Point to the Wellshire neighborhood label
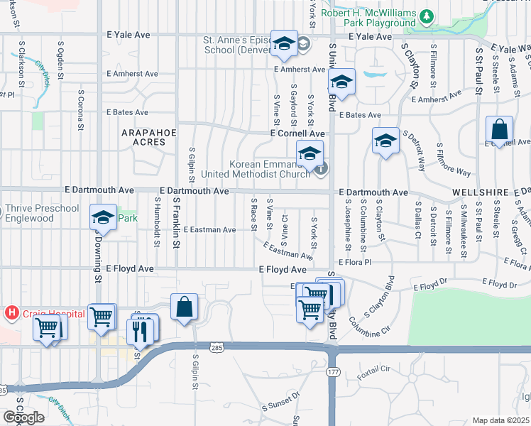480,192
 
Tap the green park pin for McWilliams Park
426,15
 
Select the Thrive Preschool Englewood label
42,213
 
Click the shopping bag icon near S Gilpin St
184,307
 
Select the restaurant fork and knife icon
140,331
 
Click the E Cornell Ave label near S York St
297,133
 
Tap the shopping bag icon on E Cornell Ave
499,130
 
